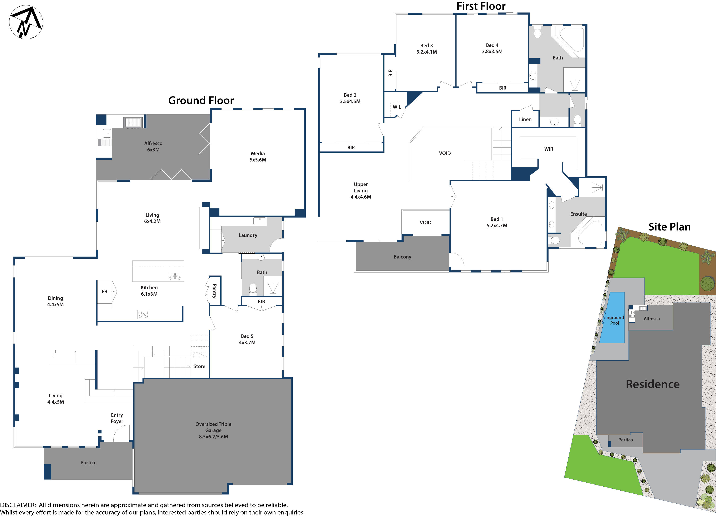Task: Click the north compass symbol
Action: pos(26,22)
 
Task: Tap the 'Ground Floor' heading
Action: pos(201,100)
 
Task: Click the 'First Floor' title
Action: pos(481,6)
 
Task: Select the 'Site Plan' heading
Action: pos(669,227)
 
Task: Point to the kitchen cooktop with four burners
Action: pos(143,314)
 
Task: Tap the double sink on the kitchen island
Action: pos(175,276)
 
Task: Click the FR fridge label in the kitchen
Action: pos(105,292)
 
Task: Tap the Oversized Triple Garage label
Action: pos(213,430)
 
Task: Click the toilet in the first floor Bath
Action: pos(537,32)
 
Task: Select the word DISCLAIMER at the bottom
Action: pos(18,505)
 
